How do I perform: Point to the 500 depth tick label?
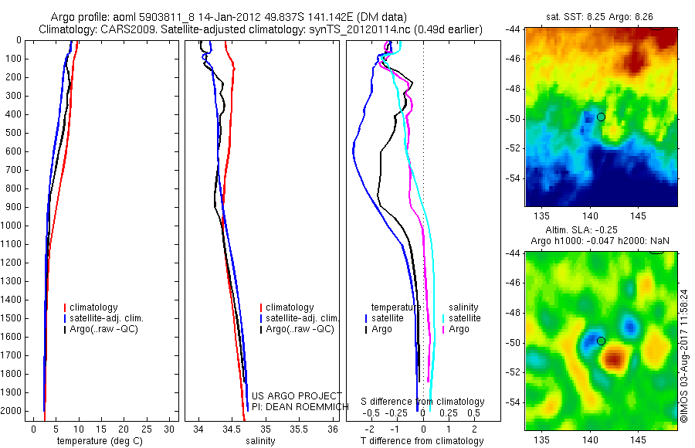click(x=13, y=133)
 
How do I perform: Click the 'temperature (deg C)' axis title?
click(x=100, y=441)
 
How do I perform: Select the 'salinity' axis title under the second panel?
click(x=260, y=441)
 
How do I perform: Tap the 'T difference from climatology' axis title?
click(x=422, y=441)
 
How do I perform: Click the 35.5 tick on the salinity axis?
click(x=298, y=429)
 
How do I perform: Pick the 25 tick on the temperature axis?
click(x=146, y=429)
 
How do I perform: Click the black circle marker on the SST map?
click(x=601, y=117)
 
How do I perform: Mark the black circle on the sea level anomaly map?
click(x=601, y=341)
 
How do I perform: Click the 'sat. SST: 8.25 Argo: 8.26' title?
click(x=599, y=17)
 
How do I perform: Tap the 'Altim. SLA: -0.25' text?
click(x=581, y=229)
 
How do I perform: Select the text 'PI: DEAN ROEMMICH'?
click(x=300, y=407)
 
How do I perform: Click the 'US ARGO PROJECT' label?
click(x=297, y=395)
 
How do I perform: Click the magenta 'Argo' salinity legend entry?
click(x=456, y=329)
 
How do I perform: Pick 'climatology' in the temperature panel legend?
click(x=91, y=307)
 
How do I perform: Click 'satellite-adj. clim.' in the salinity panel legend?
click(x=300, y=318)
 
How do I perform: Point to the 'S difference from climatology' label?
click(x=422, y=402)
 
